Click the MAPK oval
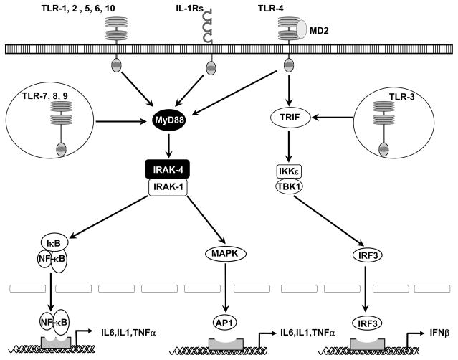(224, 253)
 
